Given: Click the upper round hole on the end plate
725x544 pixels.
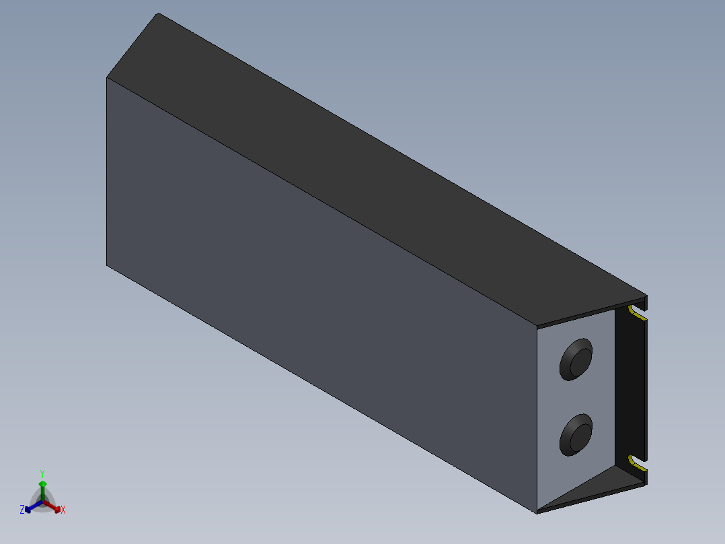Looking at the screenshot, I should (x=576, y=360).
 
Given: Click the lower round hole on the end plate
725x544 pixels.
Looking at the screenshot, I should (x=576, y=434).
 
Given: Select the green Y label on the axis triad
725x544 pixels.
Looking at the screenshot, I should (x=42, y=473).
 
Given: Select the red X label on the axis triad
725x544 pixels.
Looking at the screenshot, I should (x=63, y=510).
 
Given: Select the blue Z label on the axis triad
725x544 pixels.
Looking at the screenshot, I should (x=22, y=510).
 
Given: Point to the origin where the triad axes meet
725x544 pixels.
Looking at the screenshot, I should (x=42, y=501).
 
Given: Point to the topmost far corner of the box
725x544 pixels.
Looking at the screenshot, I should (x=157, y=13).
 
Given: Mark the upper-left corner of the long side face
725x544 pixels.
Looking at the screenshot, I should (x=107, y=77).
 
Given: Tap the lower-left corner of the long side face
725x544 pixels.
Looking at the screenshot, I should (x=107, y=265).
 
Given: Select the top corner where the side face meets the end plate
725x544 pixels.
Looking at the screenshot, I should (x=537, y=327).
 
